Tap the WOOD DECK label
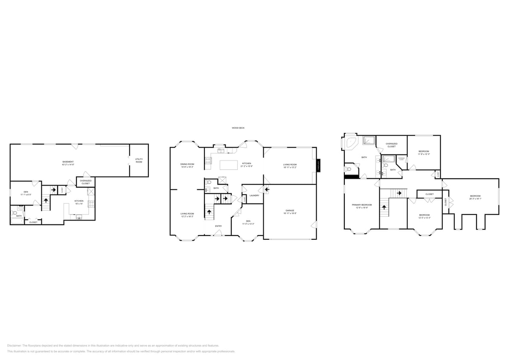coord(238,128)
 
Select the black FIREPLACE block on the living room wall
coord(318,166)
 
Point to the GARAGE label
coord(290,211)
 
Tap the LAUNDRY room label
coord(255,195)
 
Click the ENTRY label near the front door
coord(218,226)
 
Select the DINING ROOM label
coord(187,164)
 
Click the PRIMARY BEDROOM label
coord(361,205)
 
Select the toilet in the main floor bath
coord(208,182)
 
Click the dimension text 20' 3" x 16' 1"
coord(475,199)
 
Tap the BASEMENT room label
coord(68,162)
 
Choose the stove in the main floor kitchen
coord(208,160)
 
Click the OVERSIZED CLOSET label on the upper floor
coord(391,145)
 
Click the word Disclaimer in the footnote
coord(14,345)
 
